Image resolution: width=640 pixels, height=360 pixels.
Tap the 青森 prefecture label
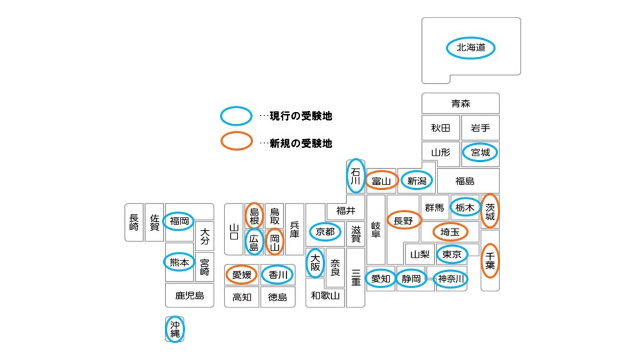[460, 104]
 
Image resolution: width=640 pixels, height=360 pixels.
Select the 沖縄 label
[175, 329]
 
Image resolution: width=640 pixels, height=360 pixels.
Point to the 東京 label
[452, 254]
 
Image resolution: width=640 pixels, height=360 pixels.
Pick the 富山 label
[381, 181]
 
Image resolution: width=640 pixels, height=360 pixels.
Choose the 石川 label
[355, 176]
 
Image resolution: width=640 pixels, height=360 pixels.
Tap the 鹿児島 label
[189, 295]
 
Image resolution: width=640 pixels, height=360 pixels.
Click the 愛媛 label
[242, 274]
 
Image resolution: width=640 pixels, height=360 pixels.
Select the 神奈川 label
[451, 279]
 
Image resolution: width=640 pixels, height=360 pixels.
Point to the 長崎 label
[134, 222]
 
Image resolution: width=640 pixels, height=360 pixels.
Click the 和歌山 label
[325, 296]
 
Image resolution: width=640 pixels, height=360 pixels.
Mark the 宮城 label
[481, 152]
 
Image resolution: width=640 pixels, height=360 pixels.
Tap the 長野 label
[404, 221]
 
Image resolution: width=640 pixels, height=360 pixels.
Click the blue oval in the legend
[236, 116]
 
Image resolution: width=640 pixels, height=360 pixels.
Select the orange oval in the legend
[236, 142]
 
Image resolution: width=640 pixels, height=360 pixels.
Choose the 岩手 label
[480, 128]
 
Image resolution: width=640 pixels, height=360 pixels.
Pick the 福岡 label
[179, 221]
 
